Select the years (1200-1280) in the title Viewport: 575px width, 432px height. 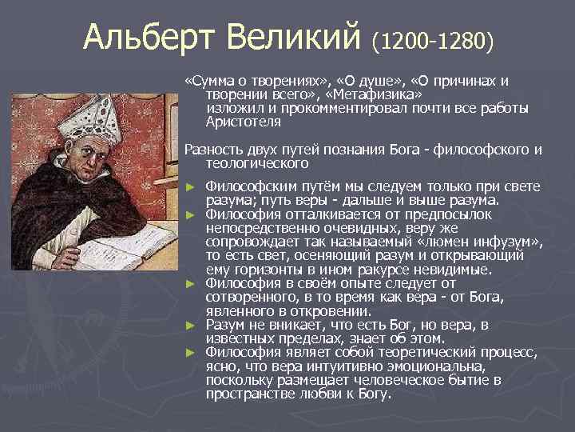[x=433, y=39]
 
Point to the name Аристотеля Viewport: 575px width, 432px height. [x=243, y=122]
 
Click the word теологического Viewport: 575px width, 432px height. [x=257, y=162]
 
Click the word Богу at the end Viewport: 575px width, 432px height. [x=375, y=394]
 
